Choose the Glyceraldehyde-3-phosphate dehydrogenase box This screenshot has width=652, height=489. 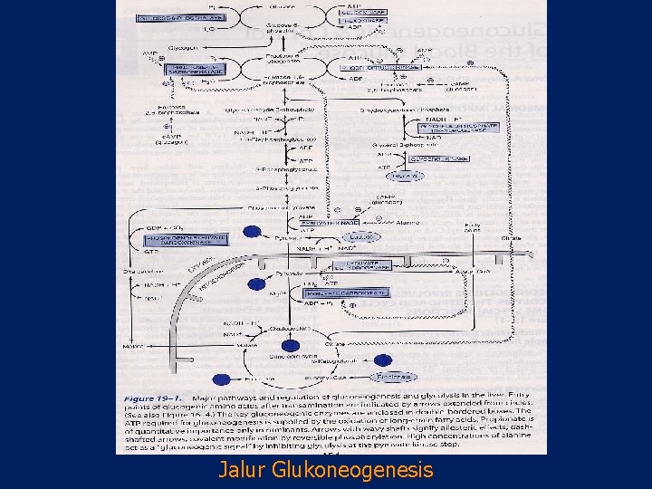[438, 126]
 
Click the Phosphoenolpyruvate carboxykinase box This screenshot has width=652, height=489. [187, 239]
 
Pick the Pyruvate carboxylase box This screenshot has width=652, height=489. [347, 292]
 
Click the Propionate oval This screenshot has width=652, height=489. [394, 377]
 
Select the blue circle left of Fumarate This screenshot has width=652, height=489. [221, 379]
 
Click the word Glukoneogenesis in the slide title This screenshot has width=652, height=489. [347, 471]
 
